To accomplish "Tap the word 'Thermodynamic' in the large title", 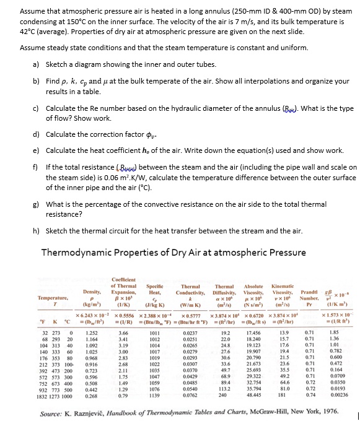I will coord(79,253).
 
